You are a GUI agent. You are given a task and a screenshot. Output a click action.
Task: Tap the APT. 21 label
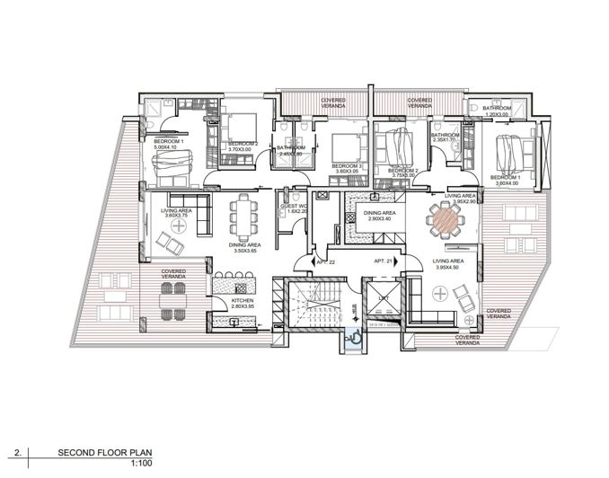click(x=384, y=261)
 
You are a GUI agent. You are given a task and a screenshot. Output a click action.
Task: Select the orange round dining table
click(x=443, y=218)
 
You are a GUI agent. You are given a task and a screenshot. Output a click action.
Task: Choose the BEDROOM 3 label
click(x=346, y=166)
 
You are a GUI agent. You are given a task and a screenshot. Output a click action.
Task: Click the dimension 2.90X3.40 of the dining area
click(x=378, y=218)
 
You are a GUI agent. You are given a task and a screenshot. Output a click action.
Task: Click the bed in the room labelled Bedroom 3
click(x=342, y=146)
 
